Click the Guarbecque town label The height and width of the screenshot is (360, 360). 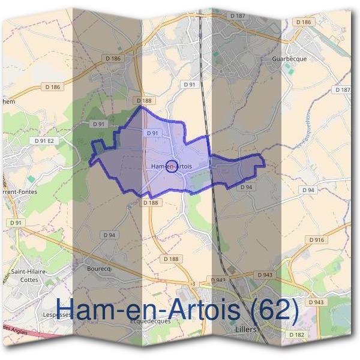[x=289, y=59]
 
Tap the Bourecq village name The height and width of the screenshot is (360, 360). [x=99, y=268]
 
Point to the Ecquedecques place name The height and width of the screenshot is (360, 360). [x=151, y=320]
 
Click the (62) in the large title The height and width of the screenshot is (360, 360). [x=267, y=309]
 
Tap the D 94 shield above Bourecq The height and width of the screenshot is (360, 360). [x=109, y=235]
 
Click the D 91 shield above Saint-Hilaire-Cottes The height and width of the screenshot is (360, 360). [x=16, y=223]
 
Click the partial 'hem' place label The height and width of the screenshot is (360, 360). [x=8, y=102]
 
